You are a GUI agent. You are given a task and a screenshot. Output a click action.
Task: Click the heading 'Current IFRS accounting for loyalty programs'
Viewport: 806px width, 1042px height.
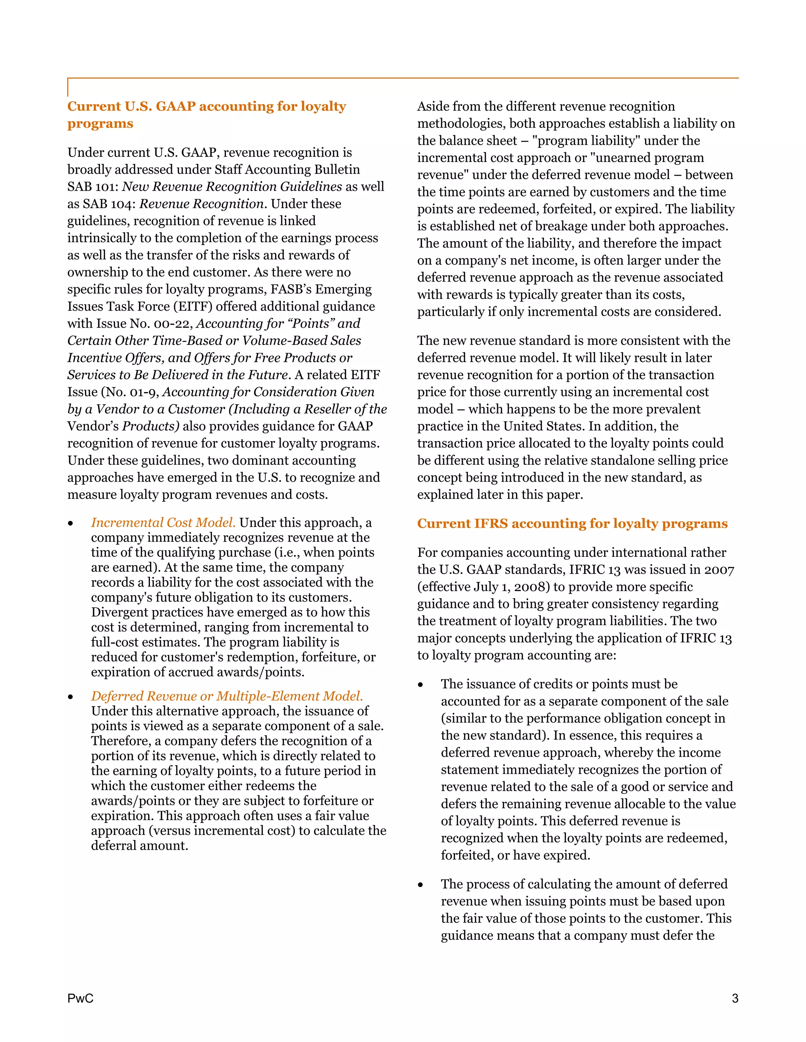(x=572, y=523)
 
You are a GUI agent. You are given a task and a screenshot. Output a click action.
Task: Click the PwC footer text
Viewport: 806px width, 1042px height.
(x=80, y=998)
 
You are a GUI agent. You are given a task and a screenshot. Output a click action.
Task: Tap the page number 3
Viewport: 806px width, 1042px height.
(x=735, y=998)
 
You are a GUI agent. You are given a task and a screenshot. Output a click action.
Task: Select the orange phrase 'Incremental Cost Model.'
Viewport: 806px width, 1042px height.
(x=163, y=523)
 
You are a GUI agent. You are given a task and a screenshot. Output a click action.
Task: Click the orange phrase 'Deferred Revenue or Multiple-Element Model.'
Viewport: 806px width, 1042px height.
(x=227, y=696)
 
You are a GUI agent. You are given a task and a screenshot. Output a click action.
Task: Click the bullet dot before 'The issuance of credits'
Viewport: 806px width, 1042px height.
(x=420, y=685)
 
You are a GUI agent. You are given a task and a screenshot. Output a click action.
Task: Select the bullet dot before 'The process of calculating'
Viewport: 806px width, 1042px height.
(x=420, y=885)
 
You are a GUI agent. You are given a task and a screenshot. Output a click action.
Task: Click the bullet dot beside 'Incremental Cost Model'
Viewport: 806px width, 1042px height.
(x=71, y=523)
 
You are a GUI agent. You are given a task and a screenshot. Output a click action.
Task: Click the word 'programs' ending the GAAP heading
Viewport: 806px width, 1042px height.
(x=100, y=123)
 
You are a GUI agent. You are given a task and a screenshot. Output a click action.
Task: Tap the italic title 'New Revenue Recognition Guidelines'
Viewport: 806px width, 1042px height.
(x=232, y=186)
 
